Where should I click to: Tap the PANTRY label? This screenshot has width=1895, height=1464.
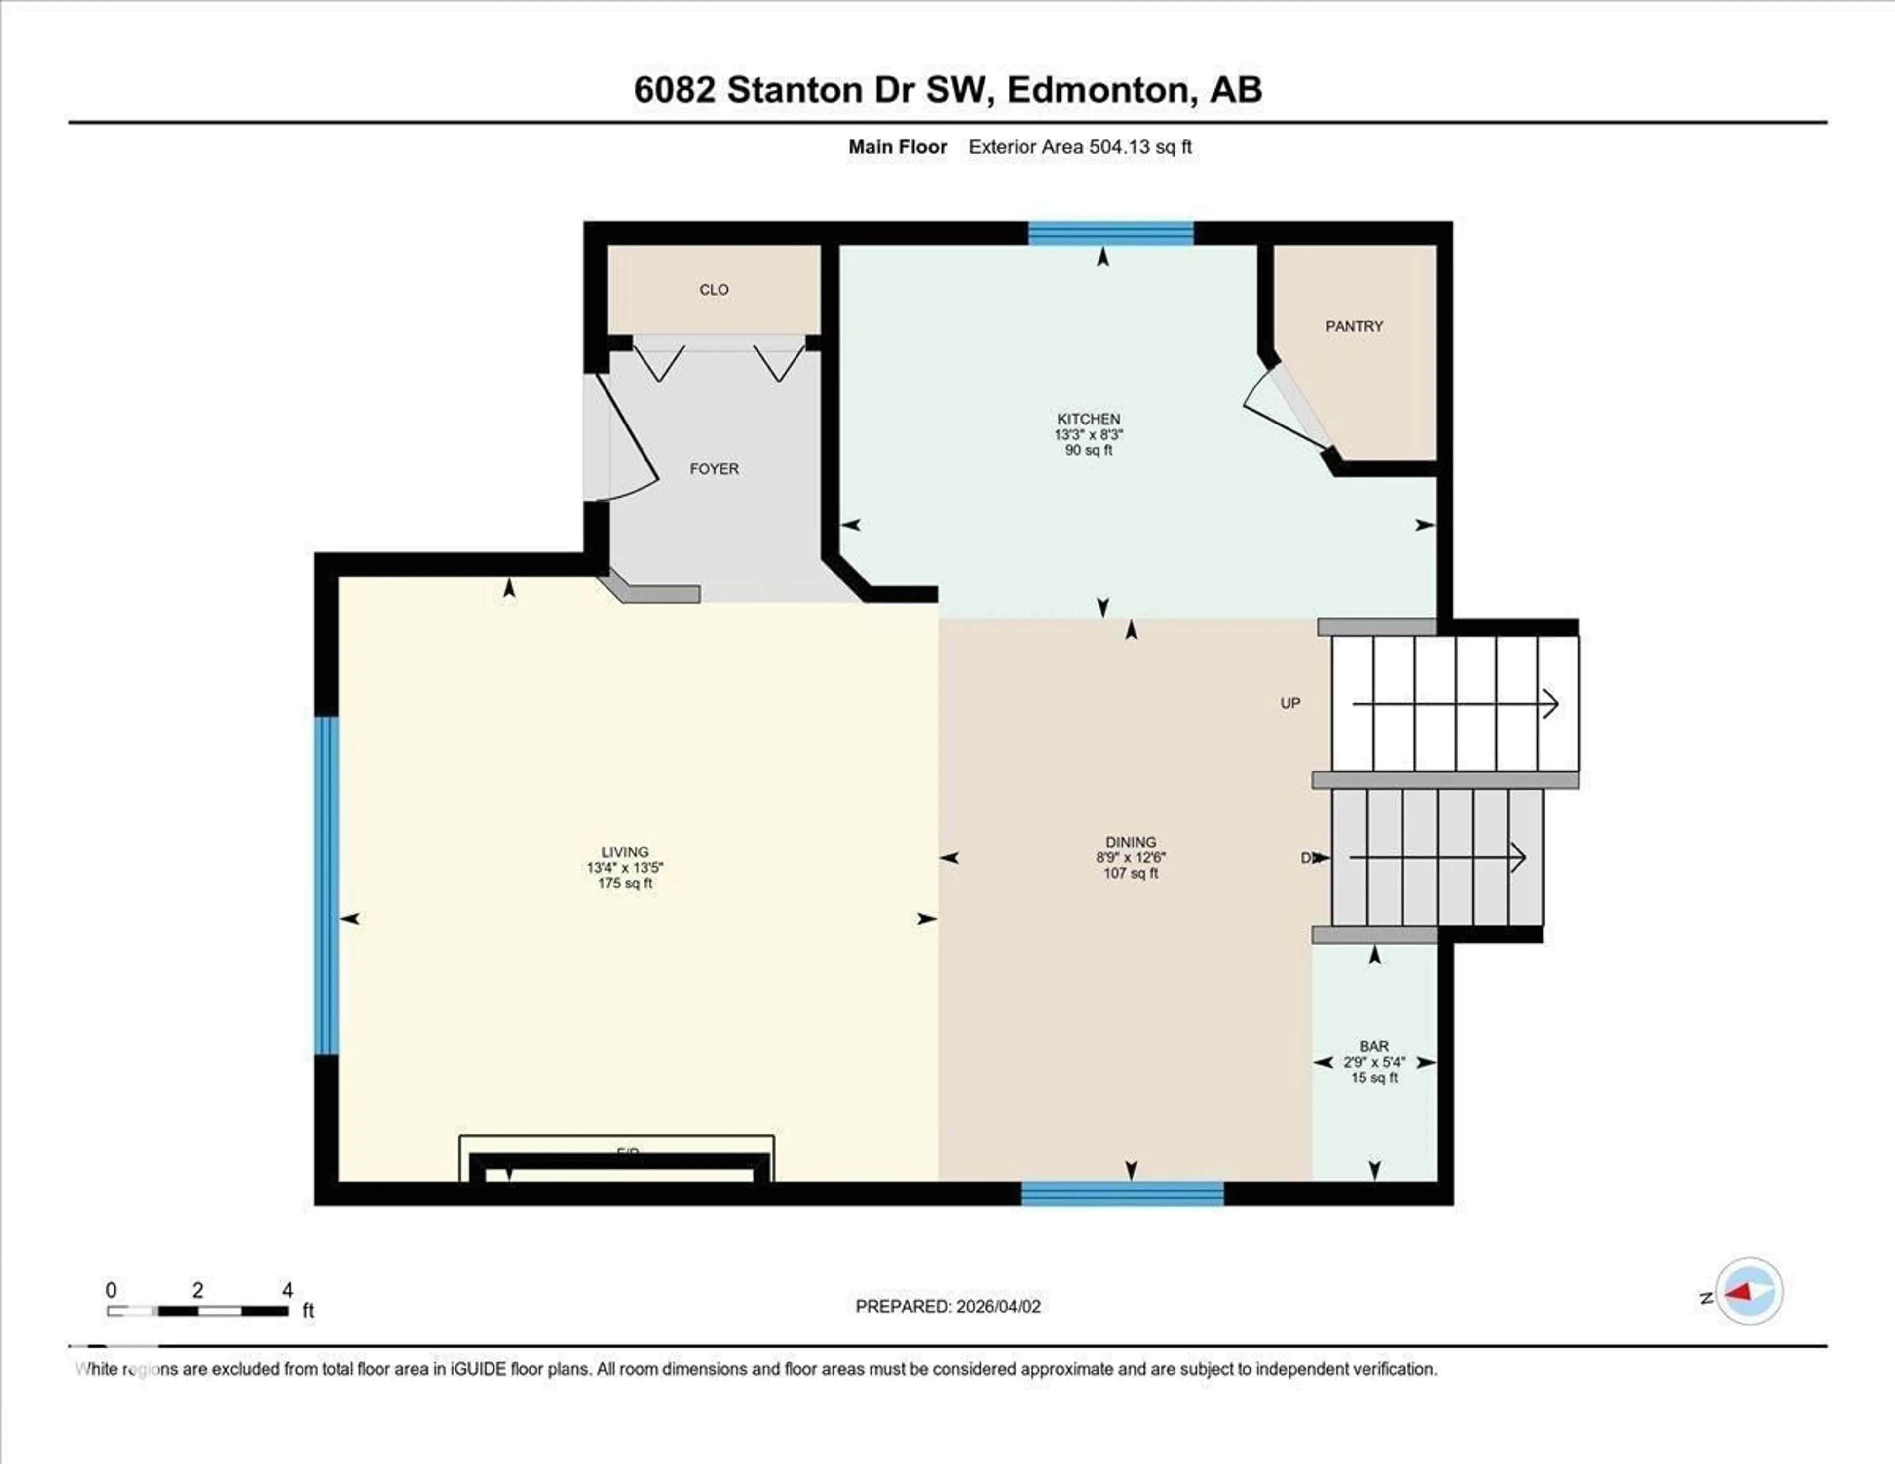click(x=1354, y=326)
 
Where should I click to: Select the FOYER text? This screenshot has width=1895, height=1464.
click(x=714, y=468)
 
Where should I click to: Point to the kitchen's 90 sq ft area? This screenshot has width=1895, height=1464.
click(x=1088, y=450)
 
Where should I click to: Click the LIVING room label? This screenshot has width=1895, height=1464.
click(x=625, y=852)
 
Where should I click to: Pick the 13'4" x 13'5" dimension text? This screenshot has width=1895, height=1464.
click(x=625, y=868)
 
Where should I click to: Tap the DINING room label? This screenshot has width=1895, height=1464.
click(x=1131, y=842)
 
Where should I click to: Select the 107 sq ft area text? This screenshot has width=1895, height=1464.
click(x=1131, y=873)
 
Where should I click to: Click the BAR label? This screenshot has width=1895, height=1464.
click(x=1374, y=1046)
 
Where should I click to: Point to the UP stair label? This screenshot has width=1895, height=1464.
click(x=1290, y=703)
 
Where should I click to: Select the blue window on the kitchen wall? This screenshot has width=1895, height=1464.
click(x=1111, y=232)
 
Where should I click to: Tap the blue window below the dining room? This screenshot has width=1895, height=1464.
click(x=1122, y=1194)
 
